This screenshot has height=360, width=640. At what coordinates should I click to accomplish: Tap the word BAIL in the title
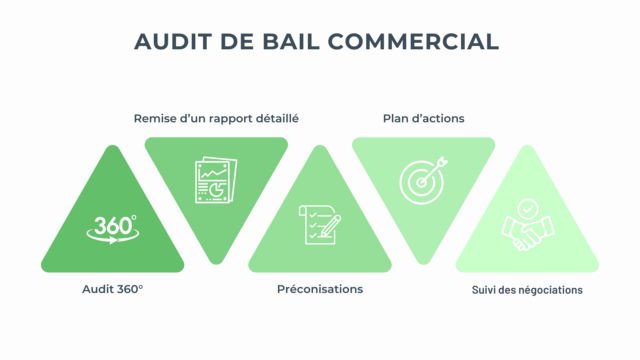click(287, 41)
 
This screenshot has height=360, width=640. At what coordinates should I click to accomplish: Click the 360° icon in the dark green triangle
click(112, 229)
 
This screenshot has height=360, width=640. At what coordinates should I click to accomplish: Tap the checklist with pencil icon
click(320, 224)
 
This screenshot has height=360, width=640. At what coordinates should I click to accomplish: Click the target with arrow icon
click(423, 180)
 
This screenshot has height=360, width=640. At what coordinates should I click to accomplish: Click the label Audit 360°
click(112, 289)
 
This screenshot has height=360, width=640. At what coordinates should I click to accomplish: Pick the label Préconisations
click(320, 289)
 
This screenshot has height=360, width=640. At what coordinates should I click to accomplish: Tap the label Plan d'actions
click(423, 118)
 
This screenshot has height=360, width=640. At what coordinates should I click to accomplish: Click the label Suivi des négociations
click(527, 290)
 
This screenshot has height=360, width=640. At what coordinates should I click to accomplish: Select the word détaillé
click(275, 118)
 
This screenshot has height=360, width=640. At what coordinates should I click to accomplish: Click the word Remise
click(155, 118)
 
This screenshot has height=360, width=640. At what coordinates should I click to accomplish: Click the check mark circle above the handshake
click(527, 209)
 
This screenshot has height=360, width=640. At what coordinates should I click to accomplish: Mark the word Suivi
click(484, 290)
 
